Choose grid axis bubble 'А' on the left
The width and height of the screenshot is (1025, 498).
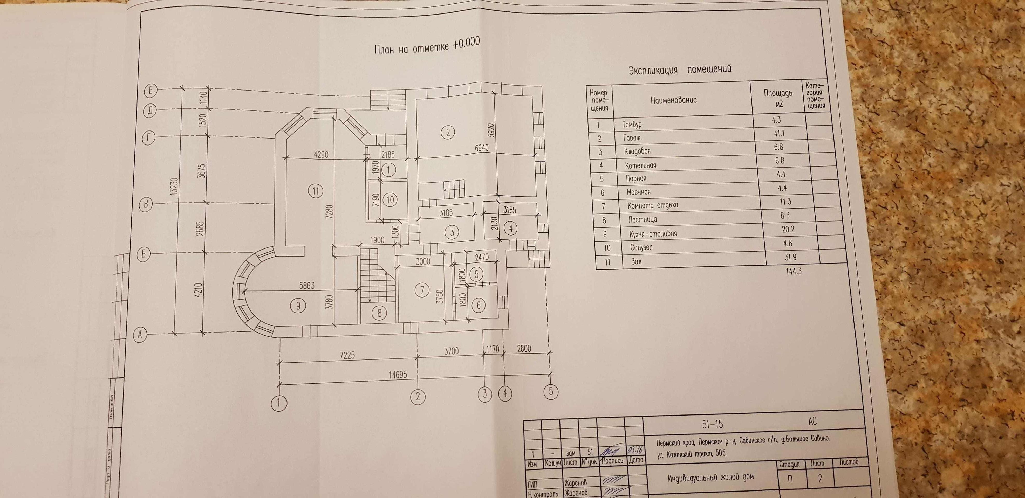(x=140, y=335)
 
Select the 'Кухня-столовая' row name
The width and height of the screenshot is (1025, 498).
(x=653, y=233)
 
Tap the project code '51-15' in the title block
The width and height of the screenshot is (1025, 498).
(x=712, y=424)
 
